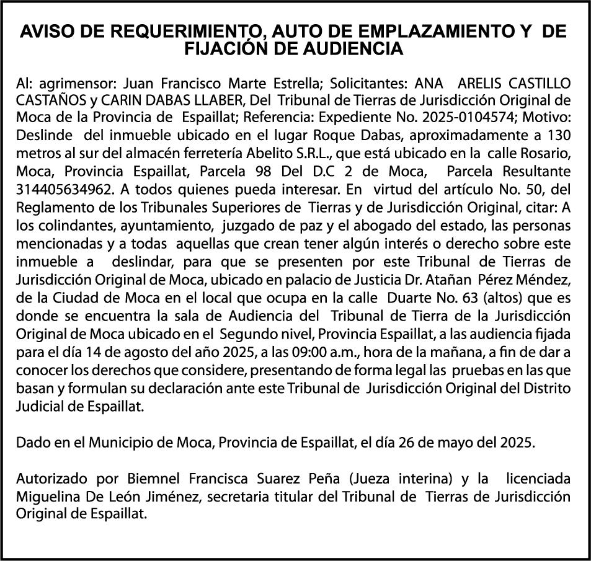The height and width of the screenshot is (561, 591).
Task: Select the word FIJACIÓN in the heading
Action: pyautogui.click(x=227, y=50)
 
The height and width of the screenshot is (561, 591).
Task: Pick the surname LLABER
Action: pyautogui.click(x=218, y=100)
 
